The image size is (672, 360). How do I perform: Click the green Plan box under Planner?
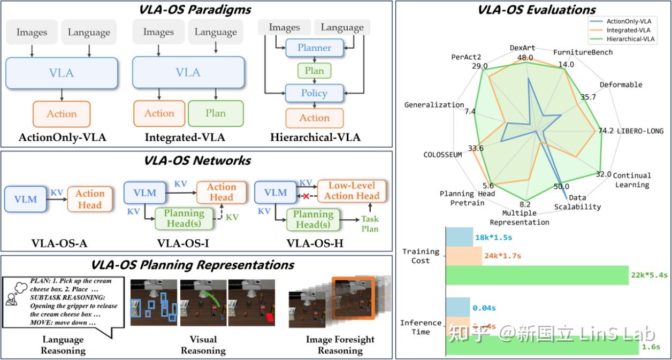pos(314,71)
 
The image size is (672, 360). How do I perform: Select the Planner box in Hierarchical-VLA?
pos(314,48)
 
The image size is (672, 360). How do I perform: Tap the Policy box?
pos(314,93)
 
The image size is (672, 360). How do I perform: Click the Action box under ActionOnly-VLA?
pos(62,114)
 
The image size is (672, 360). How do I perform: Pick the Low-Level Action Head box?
pos(352,191)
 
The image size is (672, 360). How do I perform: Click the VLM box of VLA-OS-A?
pos(25,199)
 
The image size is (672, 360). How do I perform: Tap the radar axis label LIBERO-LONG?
pos(640,131)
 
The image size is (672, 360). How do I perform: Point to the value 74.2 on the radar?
pos(606,131)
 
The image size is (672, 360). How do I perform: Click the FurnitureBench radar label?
pos(583,52)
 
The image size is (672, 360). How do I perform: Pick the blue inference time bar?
pos(458,308)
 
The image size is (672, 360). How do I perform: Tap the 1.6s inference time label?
pos(651,347)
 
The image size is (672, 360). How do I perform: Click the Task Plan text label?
pos(370,224)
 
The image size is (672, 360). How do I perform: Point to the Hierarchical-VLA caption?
pos(315,137)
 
